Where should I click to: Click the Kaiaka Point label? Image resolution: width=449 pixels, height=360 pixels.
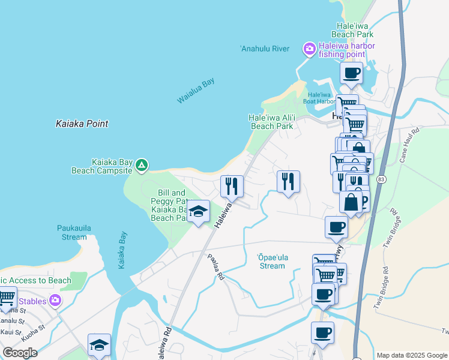tap(82, 124)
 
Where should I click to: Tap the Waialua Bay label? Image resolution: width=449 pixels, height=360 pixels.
tap(196, 91)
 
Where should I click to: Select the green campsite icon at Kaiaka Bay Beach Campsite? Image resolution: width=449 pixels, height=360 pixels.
tap(141, 165)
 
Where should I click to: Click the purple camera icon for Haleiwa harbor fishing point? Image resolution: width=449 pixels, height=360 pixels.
tap(309, 49)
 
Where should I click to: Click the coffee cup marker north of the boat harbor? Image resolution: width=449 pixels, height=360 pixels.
tap(351, 74)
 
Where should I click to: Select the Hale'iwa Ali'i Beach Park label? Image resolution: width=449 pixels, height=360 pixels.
tap(271, 122)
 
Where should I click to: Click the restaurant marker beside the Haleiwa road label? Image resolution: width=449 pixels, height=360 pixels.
tap(232, 186)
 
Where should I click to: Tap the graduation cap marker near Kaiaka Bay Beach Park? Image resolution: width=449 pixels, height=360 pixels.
tap(198, 211)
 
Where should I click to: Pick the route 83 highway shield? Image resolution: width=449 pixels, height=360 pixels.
tap(381, 179)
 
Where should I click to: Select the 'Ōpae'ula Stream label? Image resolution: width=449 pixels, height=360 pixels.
tap(273, 262)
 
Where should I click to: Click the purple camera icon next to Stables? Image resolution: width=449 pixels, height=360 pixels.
tap(55, 300)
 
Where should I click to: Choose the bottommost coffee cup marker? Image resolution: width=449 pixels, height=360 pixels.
tap(322, 332)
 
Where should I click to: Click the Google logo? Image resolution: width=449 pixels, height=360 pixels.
tap(20, 353)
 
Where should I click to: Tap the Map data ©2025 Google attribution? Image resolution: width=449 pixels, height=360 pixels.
tap(412, 355)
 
